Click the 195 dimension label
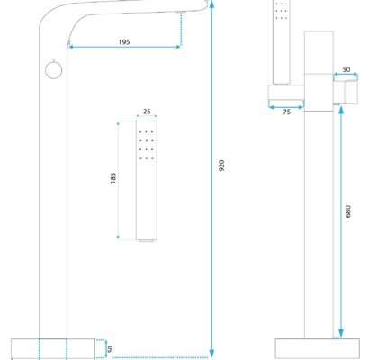coord(124,42)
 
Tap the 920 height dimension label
coord(221,166)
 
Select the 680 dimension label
coord(347,211)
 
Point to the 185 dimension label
coord(113,178)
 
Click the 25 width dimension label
coord(147,112)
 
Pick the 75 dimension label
coord(286,112)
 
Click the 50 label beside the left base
coord(110,349)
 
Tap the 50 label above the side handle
coord(346,69)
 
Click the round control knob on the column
coord(54,69)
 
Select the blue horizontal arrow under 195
coord(124,47)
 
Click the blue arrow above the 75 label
coord(286,107)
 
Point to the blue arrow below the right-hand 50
coord(346,75)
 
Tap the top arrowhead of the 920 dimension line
coord(211,4)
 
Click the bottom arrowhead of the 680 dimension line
coord(341,333)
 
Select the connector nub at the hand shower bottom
coord(147,240)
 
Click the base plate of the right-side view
coord(318,348)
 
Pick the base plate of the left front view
coord(53,349)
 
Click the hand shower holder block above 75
coord(286,92)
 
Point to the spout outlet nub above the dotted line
coord(181,12)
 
